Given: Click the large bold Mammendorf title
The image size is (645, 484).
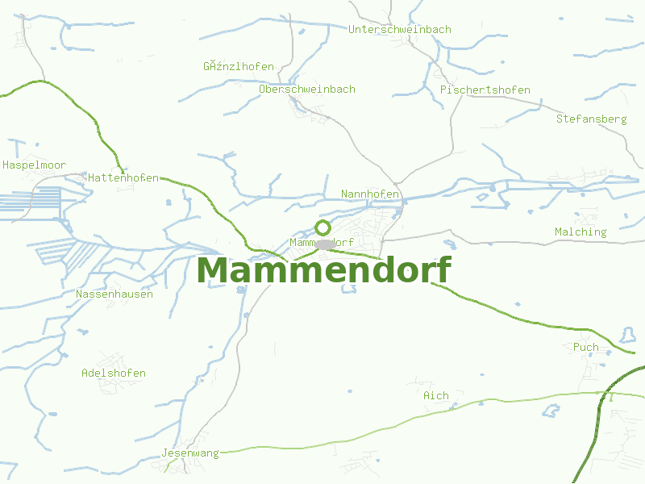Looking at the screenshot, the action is click(x=323, y=271).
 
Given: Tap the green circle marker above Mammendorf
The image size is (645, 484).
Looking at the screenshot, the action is click(x=322, y=227).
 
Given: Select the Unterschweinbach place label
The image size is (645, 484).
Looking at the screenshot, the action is click(x=400, y=29).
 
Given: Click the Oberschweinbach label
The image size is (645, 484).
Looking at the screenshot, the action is click(x=307, y=89).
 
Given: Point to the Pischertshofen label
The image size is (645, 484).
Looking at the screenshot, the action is click(x=485, y=90).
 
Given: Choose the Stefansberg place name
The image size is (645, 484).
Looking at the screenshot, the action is click(x=591, y=119).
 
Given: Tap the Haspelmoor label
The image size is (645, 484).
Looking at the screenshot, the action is click(x=34, y=165).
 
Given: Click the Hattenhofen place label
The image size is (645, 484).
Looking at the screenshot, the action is click(x=123, y=177).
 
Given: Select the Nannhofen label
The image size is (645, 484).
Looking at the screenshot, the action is click(x=370, y=194).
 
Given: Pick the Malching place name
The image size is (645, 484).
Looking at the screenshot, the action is click(x=580, y=232).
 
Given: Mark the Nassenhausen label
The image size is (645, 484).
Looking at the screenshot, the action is click(x=114, y=294).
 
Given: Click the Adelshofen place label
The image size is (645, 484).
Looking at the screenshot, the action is click(x=114, y=373).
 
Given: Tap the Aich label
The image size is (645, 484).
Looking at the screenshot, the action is click(x=436, y=395).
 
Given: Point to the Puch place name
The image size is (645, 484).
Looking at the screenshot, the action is click(x=586, y=347).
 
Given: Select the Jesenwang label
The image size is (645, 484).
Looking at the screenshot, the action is click(x=190, y=453).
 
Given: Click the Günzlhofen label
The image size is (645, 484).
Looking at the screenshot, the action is click(x=239, y=66).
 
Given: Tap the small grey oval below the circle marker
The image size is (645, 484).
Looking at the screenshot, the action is click(x=324, y=244).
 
